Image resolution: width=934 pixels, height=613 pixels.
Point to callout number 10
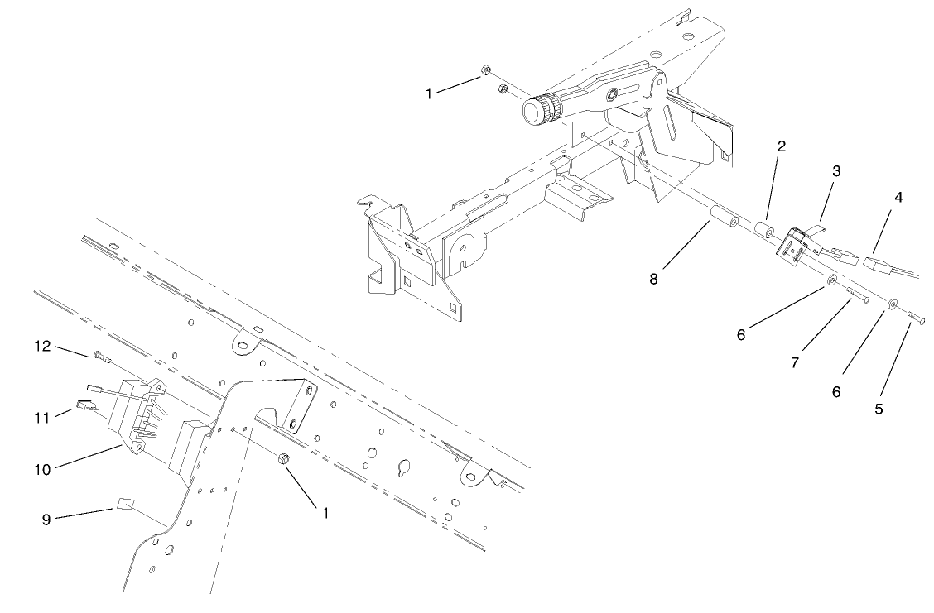click(42, 469)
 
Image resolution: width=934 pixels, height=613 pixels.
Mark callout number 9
click(46, 520)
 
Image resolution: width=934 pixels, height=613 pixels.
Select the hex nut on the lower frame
click(284, 459)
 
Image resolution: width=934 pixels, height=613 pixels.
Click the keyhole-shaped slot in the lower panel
click(403, 465)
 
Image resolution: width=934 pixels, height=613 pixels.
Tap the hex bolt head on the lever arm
click(612, 96)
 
